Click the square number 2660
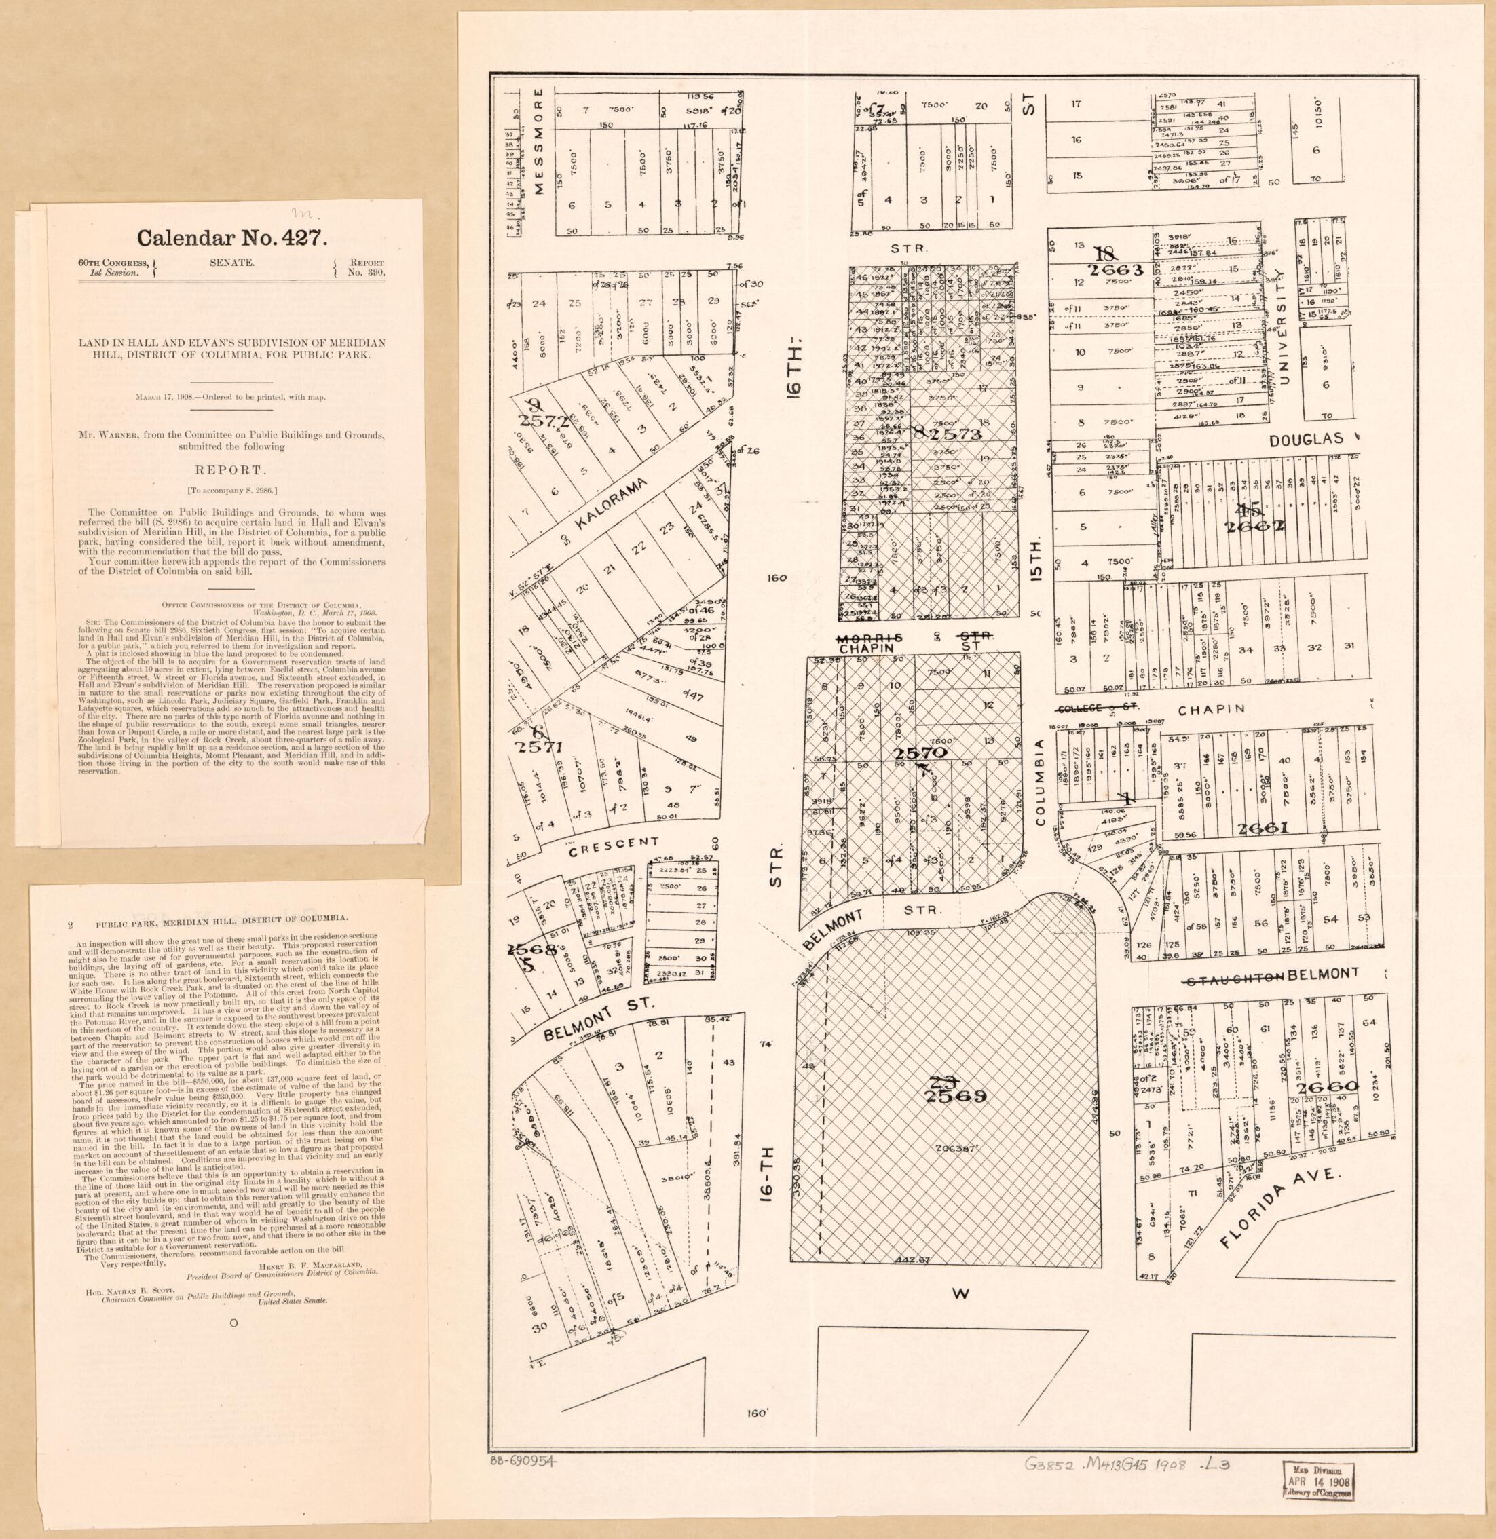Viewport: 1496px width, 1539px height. [x=1328, y=1087]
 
